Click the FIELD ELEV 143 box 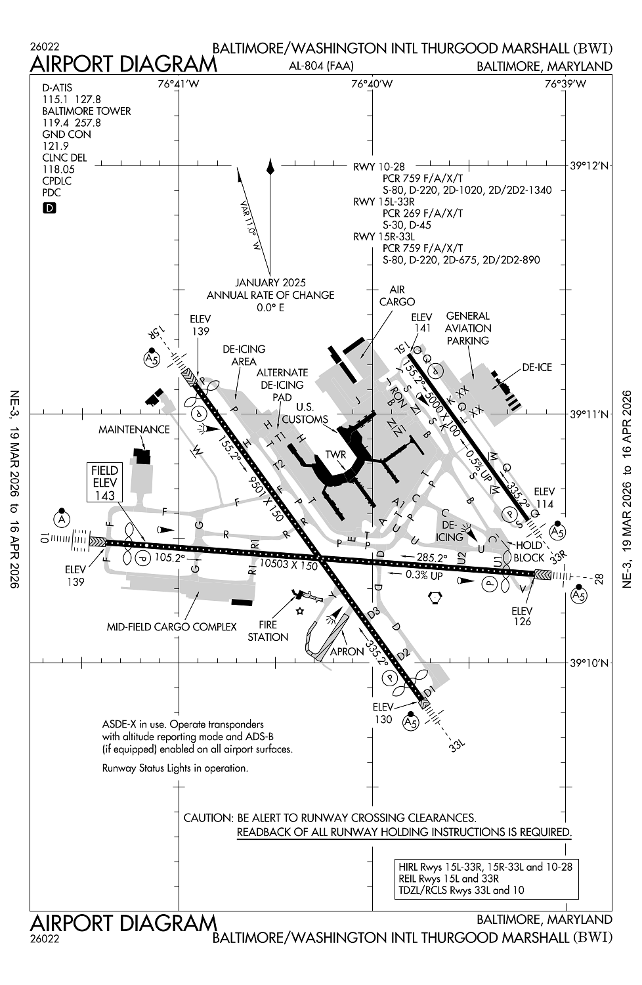coord(105,483)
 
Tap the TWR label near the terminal coord(335,455)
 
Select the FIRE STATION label coord(268,630)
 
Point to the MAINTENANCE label coord(134,429)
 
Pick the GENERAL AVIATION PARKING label coord(468,328)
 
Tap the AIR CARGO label coord(397,295)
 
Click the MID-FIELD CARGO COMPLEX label coord(171,626)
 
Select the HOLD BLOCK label coord(529,551)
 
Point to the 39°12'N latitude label coord(589,167)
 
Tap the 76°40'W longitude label coord(372,83)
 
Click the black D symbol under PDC coord(49,208)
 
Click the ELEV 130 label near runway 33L coord(383,713)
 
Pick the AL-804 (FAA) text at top coord(321,66)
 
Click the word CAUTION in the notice coord(207,818)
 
